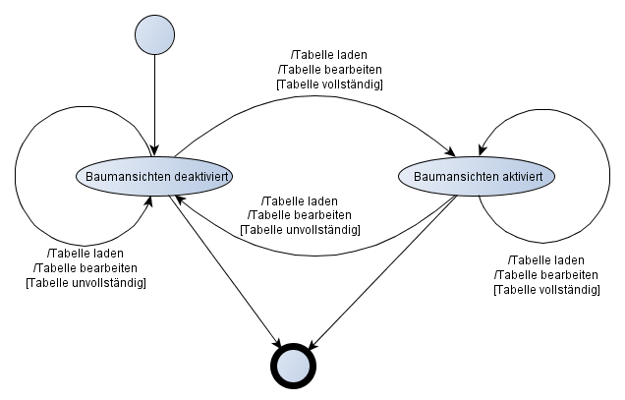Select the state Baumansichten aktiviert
(x=477, y=176)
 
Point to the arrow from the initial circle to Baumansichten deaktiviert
(x=154, y=108)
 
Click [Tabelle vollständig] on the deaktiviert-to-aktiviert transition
(x=330, y=85)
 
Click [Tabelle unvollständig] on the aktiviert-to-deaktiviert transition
(x=300, y=229)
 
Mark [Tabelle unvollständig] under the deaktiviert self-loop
(x=85, y=283)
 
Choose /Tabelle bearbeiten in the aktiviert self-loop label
(x=546, y=274)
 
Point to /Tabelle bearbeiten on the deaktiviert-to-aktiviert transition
(x=330, y=69)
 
